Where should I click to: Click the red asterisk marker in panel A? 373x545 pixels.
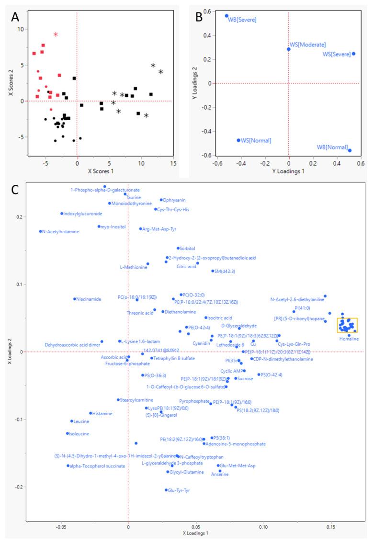coord(56,34)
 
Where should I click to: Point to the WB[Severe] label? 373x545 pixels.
coord(242,20)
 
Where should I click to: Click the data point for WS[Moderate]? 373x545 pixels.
coord(289,49)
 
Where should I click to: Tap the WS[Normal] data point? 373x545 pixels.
coord(238,140)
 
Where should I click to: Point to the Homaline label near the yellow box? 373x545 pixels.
coord(349,339)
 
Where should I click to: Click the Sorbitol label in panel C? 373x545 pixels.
coord(187,249)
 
